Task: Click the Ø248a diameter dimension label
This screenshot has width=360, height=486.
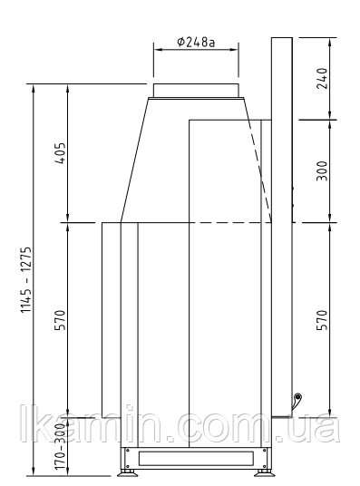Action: click(x=196, y=42)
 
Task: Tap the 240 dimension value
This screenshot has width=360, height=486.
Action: click(x=322, y=78)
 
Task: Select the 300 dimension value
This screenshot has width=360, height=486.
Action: click(x=322, y=170)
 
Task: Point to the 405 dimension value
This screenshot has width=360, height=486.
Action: click(x=60, y=153)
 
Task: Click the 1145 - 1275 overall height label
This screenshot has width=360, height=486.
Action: click(x=26, y=279)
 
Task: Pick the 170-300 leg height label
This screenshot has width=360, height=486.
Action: click(x=60, y=446)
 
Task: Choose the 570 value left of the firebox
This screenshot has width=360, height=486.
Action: click(x=60, y=320)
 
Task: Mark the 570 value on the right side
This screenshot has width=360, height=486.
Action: click(x=322, y=320)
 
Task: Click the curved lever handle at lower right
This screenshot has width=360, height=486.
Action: click(x=296, y=402)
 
